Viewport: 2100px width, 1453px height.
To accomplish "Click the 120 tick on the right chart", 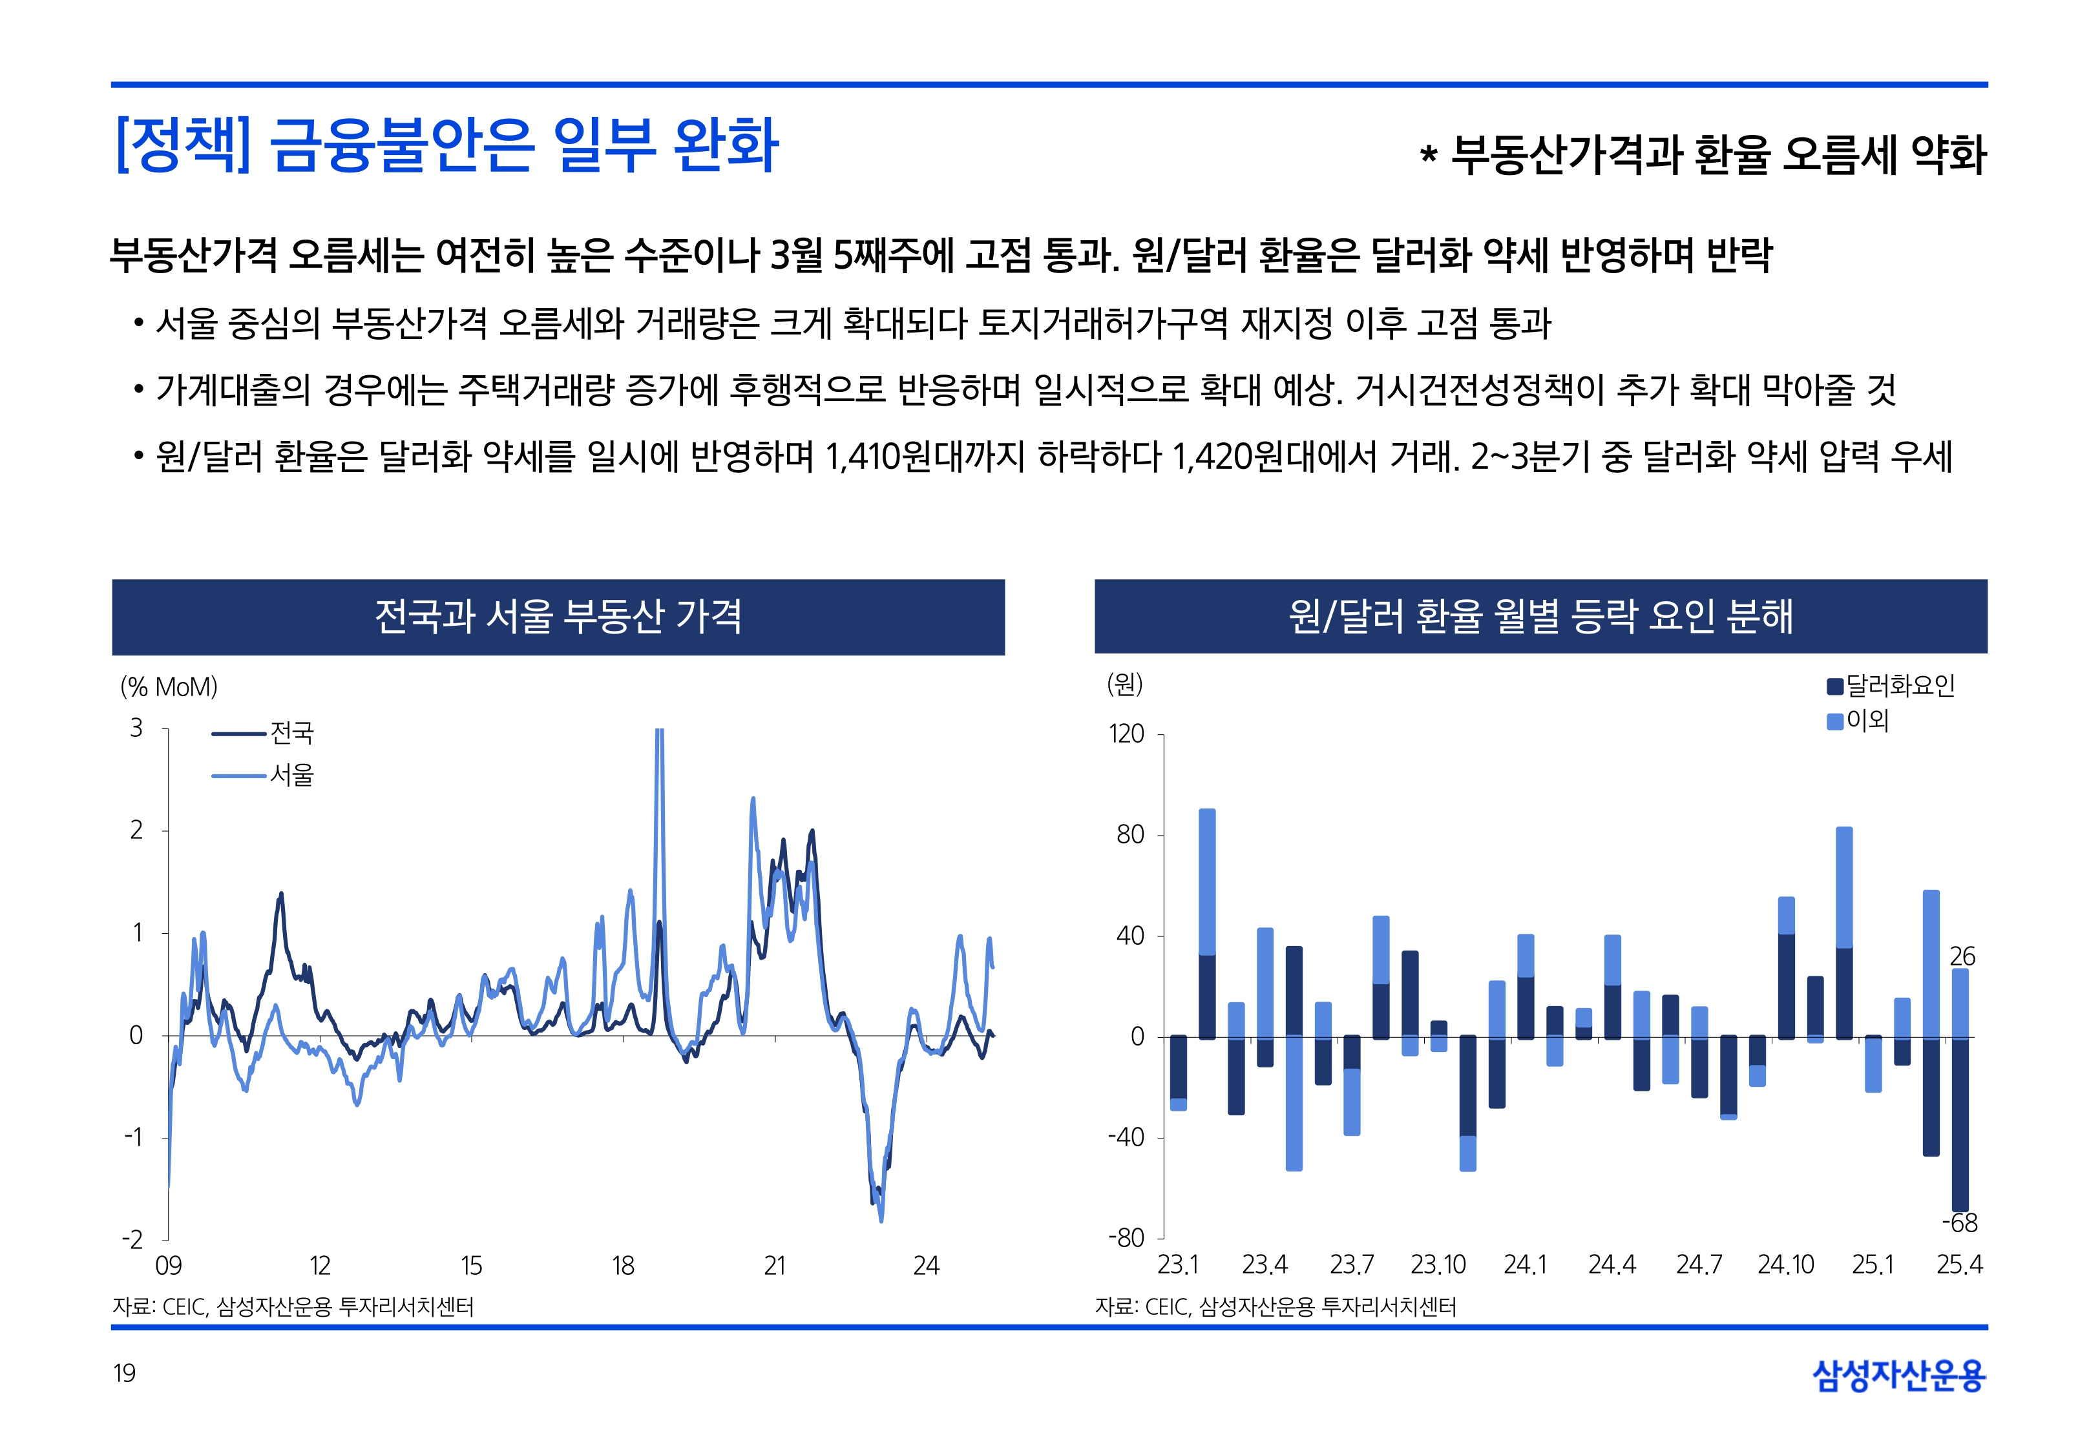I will click(1126, 734).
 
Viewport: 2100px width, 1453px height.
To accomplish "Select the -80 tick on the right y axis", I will click(1126, 1238).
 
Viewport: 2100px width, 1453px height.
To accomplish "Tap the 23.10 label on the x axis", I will click(1438, 1264).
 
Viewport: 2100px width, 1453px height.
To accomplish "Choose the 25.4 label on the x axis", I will click(1959, 1264).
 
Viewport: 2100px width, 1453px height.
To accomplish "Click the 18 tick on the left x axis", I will click(623, 1266).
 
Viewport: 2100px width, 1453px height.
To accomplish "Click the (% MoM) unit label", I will click(169, 686).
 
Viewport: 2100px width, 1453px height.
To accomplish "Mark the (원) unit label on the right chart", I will click(1125, 684).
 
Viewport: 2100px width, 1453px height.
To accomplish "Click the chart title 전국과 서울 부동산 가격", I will click(558, 616).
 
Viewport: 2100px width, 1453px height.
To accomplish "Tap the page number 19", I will click(124, 1373).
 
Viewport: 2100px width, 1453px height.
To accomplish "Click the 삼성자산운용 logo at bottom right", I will click(1899, 1375).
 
